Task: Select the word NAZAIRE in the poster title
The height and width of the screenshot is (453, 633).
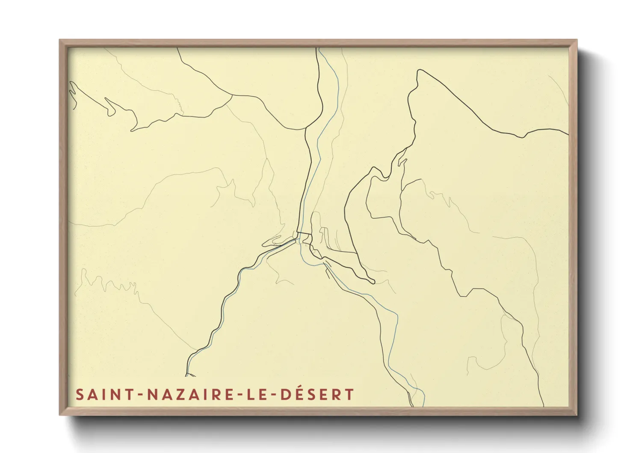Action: pos(186,394)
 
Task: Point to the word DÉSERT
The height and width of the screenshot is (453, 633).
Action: pos(317,394)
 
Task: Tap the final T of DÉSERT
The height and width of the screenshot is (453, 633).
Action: pos(350,394)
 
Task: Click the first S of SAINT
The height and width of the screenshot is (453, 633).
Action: pos(80,394)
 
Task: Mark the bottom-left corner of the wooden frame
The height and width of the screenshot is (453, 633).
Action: pos(60,414)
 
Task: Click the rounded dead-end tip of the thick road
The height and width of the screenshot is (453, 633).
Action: pos(373,282)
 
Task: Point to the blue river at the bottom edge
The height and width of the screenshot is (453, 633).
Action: pos(423,403)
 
